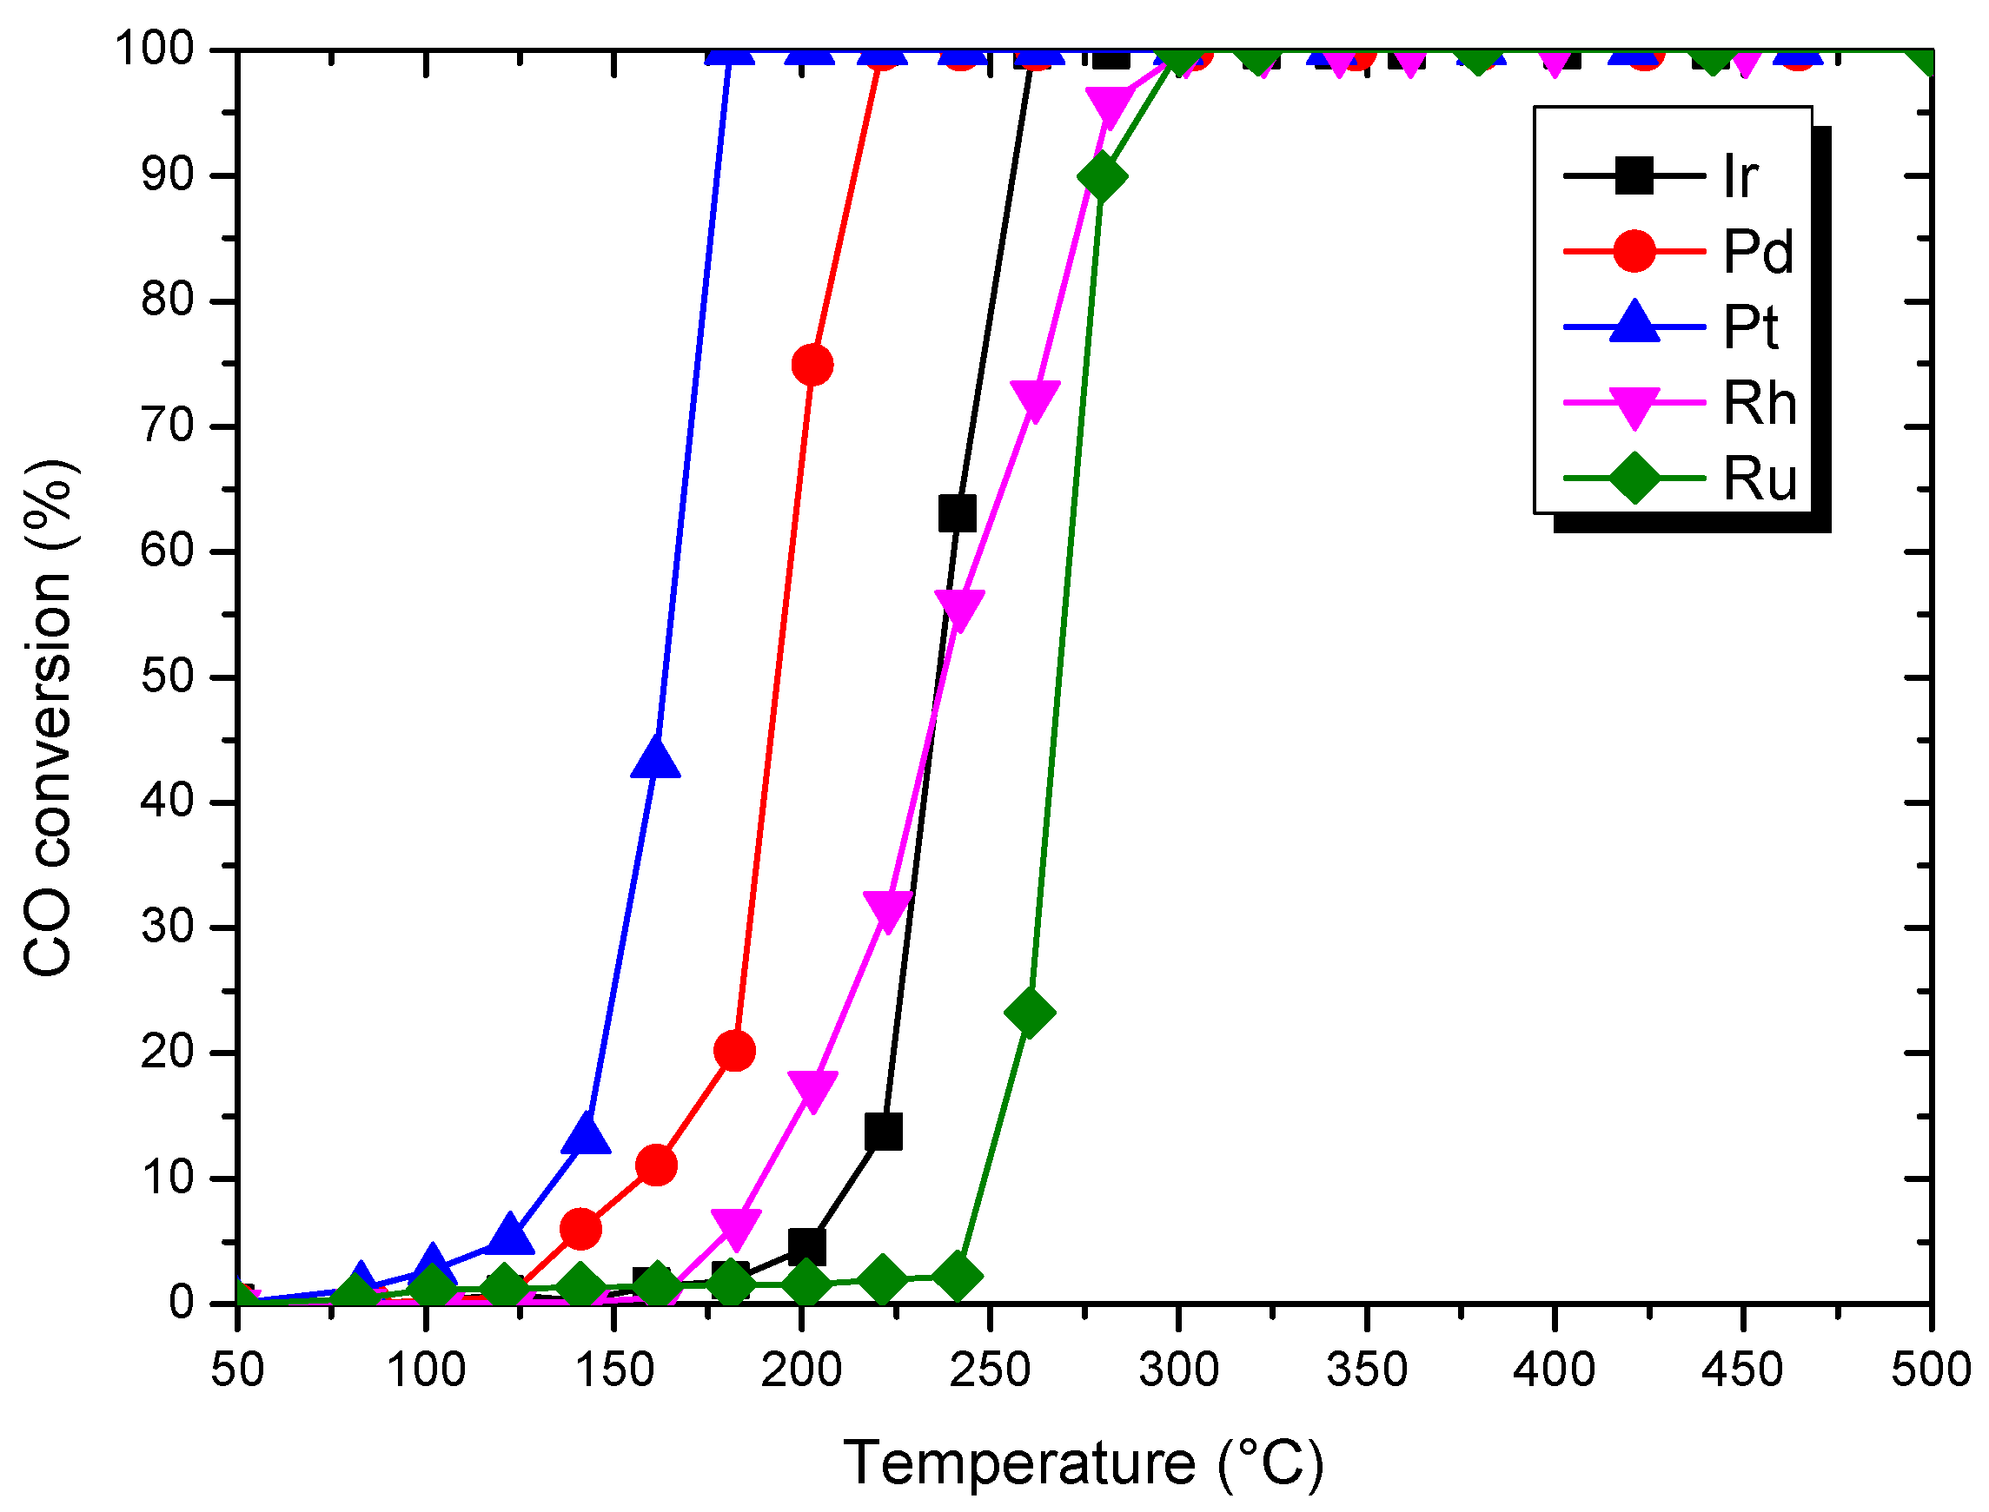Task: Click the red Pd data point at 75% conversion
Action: click(812, 365)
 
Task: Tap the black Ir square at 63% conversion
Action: click(956, 514)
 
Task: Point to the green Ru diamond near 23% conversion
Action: click(1029, 1012)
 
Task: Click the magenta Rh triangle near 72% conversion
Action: click(1035, 398)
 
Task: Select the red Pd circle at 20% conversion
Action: click(734, 1050)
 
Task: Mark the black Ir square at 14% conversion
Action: click(882, 1132)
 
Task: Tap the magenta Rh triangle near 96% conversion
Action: click(1110, 105)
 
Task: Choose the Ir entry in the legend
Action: click(1740, 176)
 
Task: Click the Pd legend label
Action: click(1758, 251)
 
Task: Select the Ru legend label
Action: click(1760, 478)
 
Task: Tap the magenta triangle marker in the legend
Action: click(1634, 405)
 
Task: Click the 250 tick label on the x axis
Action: click(990, 1370)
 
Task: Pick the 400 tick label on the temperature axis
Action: click(1555, 1370)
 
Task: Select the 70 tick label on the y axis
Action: click(168, 426)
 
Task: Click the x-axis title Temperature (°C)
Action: click(1084, 1463)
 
